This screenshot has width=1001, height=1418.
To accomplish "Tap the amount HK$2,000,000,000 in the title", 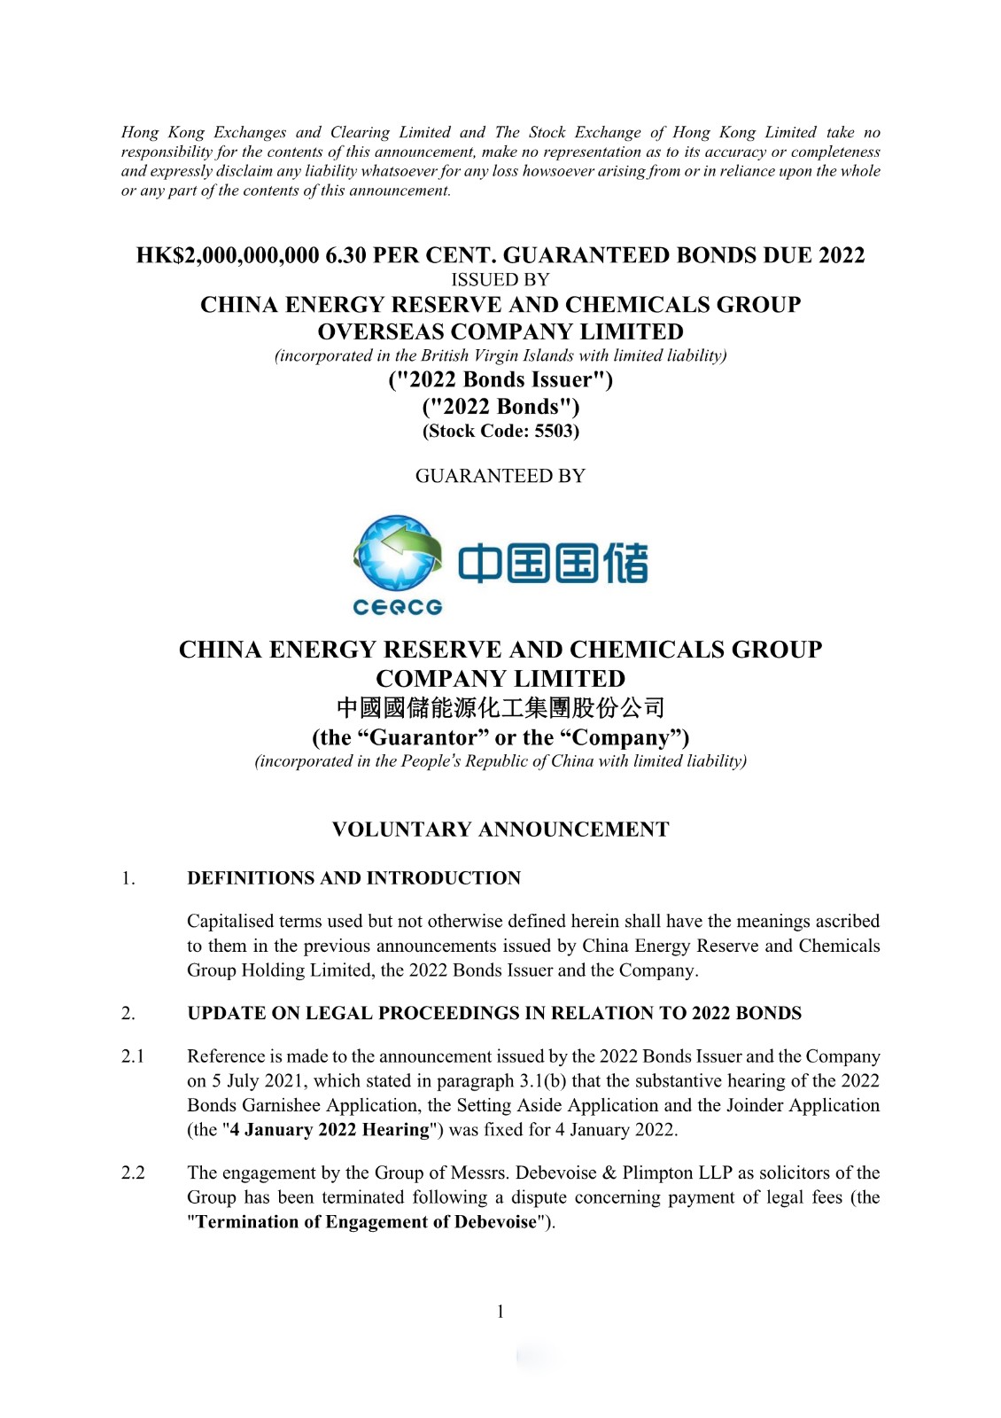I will coord(228,256).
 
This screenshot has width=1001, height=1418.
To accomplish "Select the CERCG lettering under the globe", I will coord(397,607).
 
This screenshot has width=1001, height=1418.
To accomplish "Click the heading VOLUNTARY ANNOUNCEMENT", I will coord(500,830).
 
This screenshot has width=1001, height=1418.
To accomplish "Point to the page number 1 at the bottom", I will coord(500,1312).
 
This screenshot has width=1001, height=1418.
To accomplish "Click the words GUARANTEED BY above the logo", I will coord(500,476).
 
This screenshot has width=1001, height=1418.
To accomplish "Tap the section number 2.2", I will coord(133,1173).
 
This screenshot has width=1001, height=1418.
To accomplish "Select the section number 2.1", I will coord(133,1056).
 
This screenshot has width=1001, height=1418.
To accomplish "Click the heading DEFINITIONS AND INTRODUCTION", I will coord(353,878).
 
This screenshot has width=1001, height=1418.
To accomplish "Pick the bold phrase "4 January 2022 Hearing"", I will coord(330,1130).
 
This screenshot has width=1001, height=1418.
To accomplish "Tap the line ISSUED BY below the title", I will coord(500,280).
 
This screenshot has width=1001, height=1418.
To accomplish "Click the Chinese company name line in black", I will coord(500,708).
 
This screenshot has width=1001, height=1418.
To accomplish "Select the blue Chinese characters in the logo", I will coord(553,564).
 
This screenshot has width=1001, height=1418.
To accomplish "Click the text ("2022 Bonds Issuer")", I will coord(500,380).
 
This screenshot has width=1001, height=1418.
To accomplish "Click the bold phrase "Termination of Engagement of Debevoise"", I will coord(366,1222).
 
